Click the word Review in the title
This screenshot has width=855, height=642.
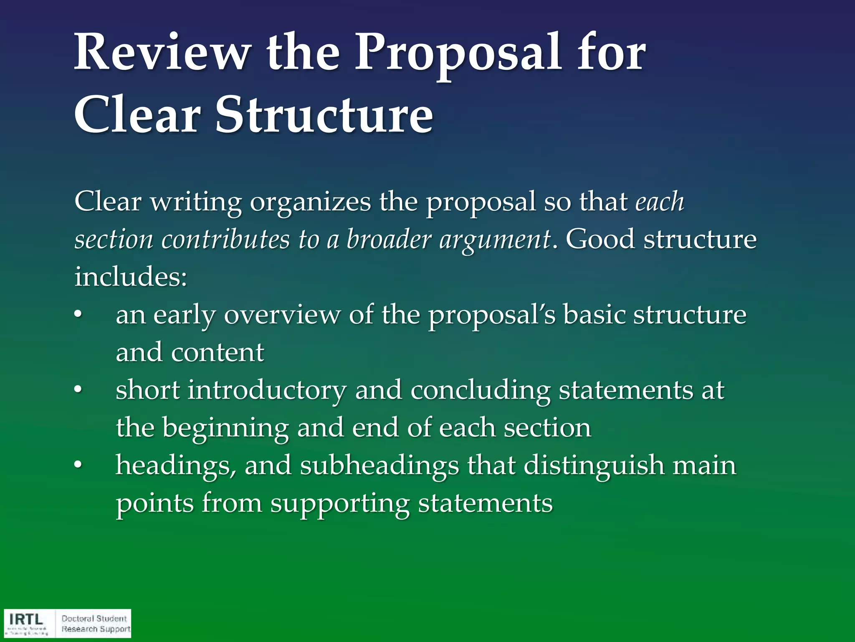(162, 53)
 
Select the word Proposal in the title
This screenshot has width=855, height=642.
(457, 53)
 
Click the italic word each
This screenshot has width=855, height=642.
(660, 202)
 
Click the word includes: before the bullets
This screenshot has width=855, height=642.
(131, 277)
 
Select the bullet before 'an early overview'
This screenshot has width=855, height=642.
(78, 315)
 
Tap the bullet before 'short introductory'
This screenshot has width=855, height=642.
(78, 390)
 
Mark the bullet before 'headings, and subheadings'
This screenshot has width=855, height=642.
(78, 465)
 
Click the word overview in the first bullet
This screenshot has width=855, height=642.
(282, 315)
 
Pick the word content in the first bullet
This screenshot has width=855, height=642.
(218, 352)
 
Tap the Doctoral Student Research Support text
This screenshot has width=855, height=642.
(96, 624)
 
